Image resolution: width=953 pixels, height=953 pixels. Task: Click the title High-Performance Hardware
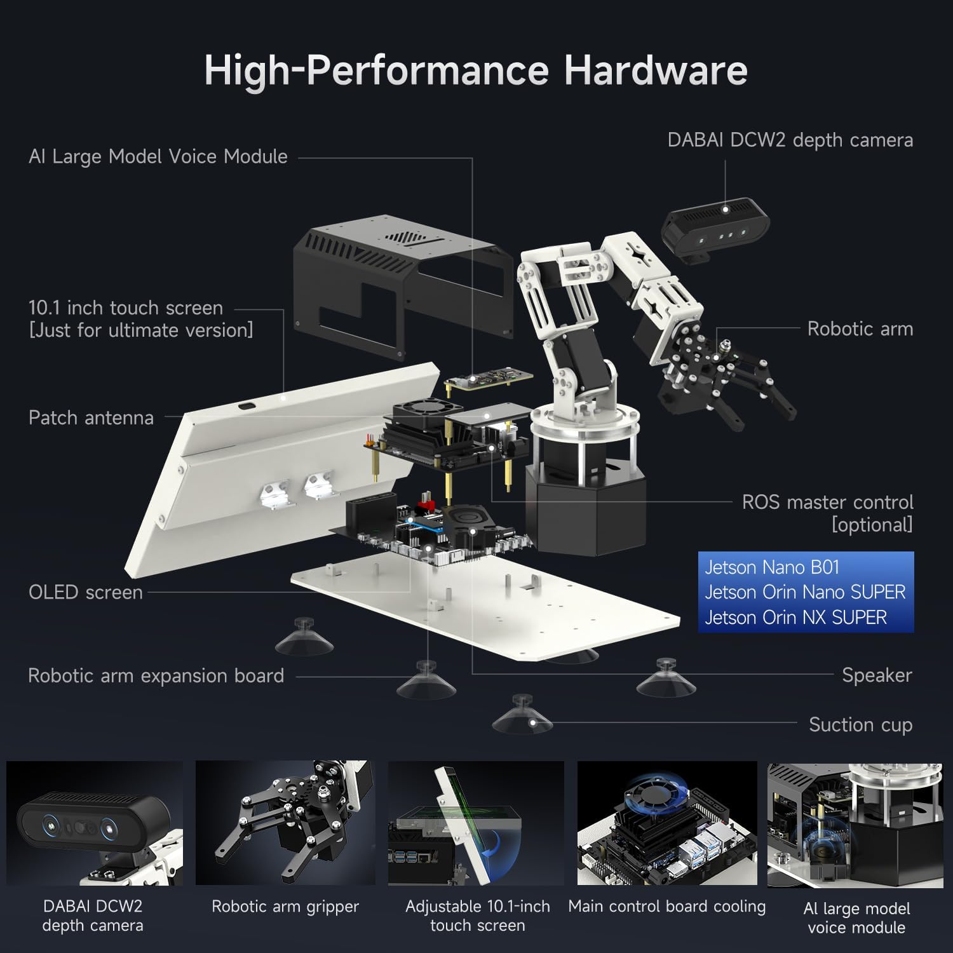coord(475,70)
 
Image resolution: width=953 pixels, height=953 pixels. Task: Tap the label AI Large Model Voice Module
coord(158,156)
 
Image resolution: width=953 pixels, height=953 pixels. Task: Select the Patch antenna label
coord(91,417)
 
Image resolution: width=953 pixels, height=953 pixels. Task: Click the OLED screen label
coord(86,592)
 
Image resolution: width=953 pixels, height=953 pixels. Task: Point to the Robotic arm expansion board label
coord(156,675)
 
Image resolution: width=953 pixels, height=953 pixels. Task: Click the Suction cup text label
coord(860,724)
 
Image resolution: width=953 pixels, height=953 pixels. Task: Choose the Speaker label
coord(876,675)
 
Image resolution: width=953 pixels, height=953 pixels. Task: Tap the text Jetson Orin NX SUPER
coord(795,617)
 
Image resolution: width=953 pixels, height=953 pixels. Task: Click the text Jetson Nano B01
coord(772,567)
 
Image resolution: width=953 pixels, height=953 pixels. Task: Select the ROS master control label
coord(827,503)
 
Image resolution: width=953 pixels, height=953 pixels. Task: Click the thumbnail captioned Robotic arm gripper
coord(285,823)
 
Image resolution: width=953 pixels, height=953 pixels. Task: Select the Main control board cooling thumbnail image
coord(667,823)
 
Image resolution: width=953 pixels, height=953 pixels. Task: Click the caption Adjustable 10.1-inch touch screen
coord(478,916)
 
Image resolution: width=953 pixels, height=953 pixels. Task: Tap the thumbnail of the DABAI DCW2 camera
coord(94,823)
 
